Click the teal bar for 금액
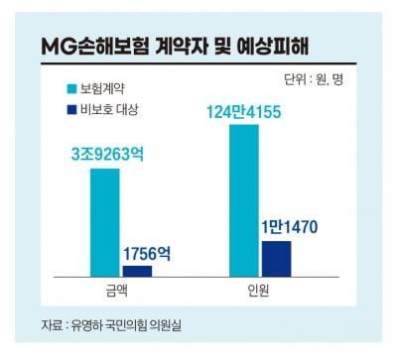click(x=105, y=220)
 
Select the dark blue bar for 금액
click(x=138, y=269)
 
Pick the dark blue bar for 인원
click(x=276, y=257)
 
